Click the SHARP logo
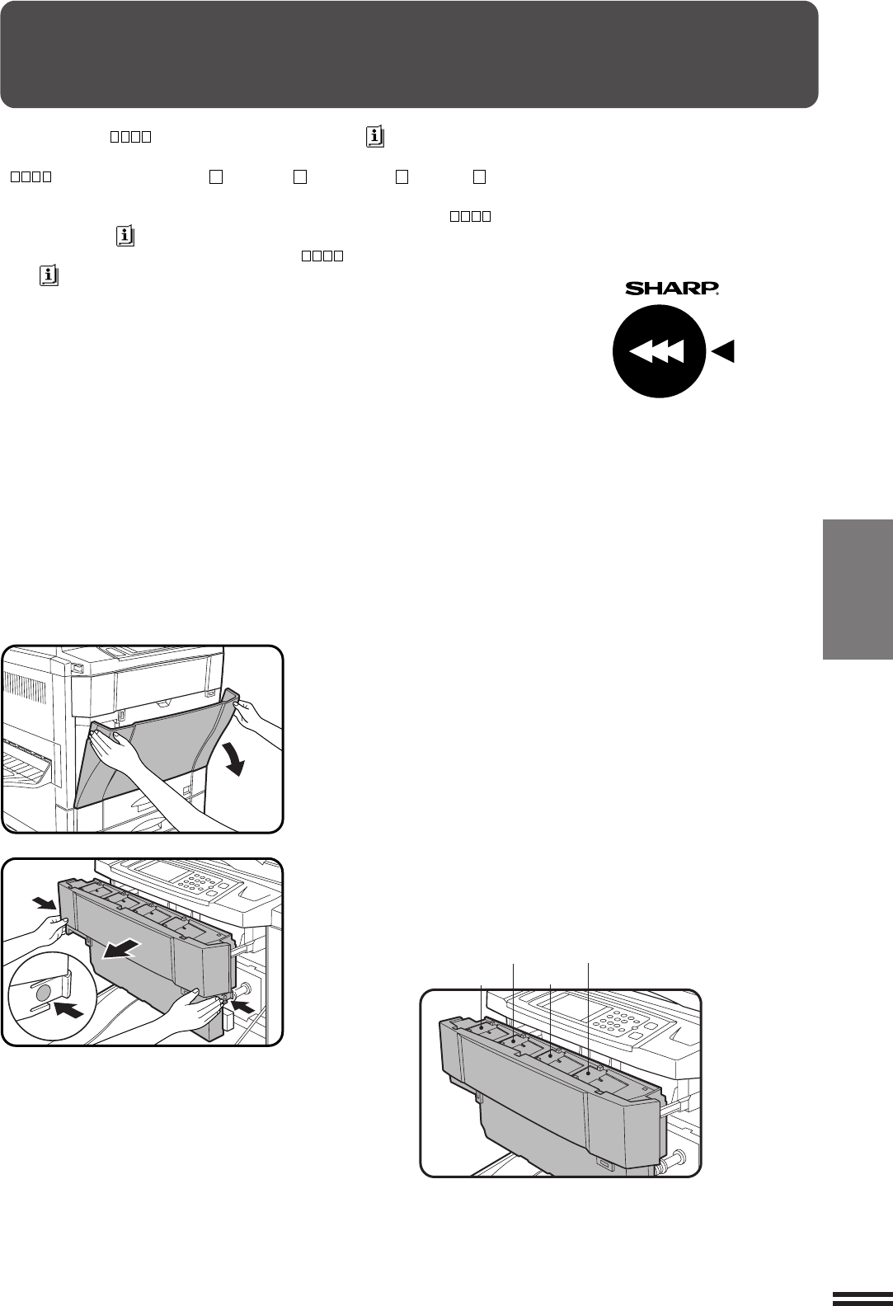(671, 288)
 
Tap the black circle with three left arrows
(659, 351)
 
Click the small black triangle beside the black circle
(723, 351)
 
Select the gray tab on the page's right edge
(858, 589)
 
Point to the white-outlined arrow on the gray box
(120, 951)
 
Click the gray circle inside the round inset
(44, 992)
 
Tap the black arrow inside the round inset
(68, 1008)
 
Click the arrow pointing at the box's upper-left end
(45, 903)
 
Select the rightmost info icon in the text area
(375, 137)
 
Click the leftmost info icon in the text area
(49, 275)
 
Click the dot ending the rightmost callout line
(588, 1072)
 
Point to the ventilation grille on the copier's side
(27, 686)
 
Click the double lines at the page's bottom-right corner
(862, 1297)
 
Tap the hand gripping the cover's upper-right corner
(251, 716)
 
